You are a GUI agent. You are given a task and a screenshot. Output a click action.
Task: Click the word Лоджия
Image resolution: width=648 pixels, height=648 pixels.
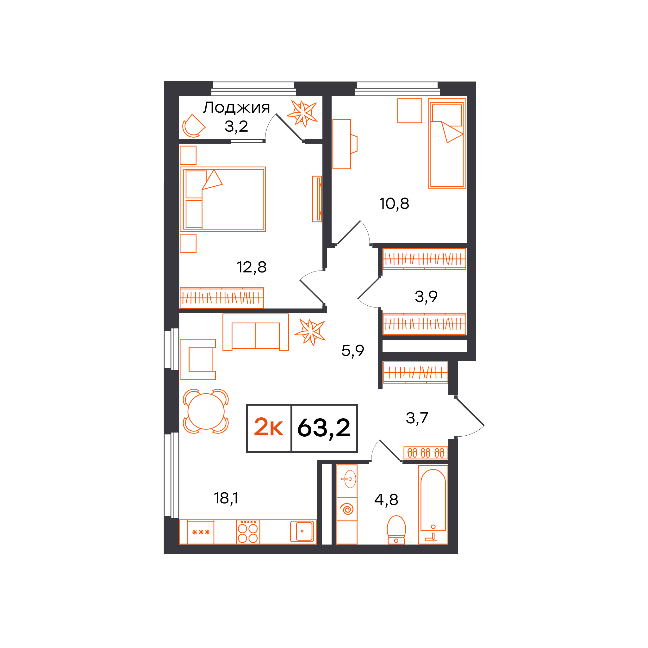click(x=236, y=108)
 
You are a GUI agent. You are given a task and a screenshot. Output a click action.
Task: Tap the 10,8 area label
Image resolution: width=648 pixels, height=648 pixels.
click(x=394, y=203)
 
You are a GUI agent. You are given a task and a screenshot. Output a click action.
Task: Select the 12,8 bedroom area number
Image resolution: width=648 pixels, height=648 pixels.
click(x=252, y=267)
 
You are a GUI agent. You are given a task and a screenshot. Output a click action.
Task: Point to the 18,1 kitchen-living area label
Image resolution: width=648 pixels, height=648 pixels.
click(x=226, y=498)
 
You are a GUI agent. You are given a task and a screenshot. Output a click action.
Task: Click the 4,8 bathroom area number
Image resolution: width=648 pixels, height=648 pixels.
click(x=386, y=499)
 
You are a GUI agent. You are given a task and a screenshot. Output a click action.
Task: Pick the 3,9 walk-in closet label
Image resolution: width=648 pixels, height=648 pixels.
click(x=426, y=296)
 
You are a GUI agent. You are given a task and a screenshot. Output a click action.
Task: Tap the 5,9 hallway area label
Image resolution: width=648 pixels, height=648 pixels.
click(x=352, y=351)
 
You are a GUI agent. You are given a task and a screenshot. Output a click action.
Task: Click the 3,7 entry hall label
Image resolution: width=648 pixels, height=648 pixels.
click(x=417, y=418)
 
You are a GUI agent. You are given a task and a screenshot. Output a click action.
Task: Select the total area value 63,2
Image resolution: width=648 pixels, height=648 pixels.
click(x=324, y=428)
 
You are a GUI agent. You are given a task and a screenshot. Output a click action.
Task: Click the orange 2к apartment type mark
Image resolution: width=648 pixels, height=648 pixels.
click(x=268, y=427)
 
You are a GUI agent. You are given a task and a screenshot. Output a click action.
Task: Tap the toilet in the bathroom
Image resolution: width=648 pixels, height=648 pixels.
click(x=396, y=530)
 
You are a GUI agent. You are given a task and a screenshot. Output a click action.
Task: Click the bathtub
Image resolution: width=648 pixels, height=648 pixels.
click(x=433, y=504)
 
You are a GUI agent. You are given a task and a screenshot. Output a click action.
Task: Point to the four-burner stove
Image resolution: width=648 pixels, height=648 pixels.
click(x=248, y=532)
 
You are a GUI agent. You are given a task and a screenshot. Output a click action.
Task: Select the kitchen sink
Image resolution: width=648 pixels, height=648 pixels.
click(x=302, y=531)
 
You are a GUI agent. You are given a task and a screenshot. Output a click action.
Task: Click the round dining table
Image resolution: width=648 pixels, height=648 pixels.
click(x=206, y=411)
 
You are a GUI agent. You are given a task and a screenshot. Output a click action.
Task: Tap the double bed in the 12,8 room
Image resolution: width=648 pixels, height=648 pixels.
click(x=223, y=199)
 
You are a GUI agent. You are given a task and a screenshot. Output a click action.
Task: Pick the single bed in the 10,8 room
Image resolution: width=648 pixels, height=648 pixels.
click(x=447, y=143)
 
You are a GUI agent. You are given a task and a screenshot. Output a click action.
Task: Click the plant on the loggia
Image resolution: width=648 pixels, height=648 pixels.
click(x=302, y=113)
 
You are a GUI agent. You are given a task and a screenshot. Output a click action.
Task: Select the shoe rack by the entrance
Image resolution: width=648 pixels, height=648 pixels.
click(x=426, y=453)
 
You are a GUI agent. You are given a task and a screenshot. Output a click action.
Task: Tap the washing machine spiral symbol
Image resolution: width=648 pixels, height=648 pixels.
click(x=347, y=509)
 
